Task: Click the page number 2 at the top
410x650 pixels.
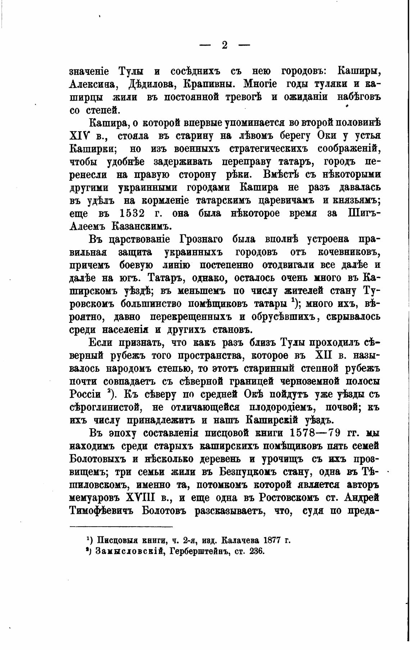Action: click(x=224, y=46)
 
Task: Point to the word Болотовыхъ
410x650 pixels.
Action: click(x=97, y=459)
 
